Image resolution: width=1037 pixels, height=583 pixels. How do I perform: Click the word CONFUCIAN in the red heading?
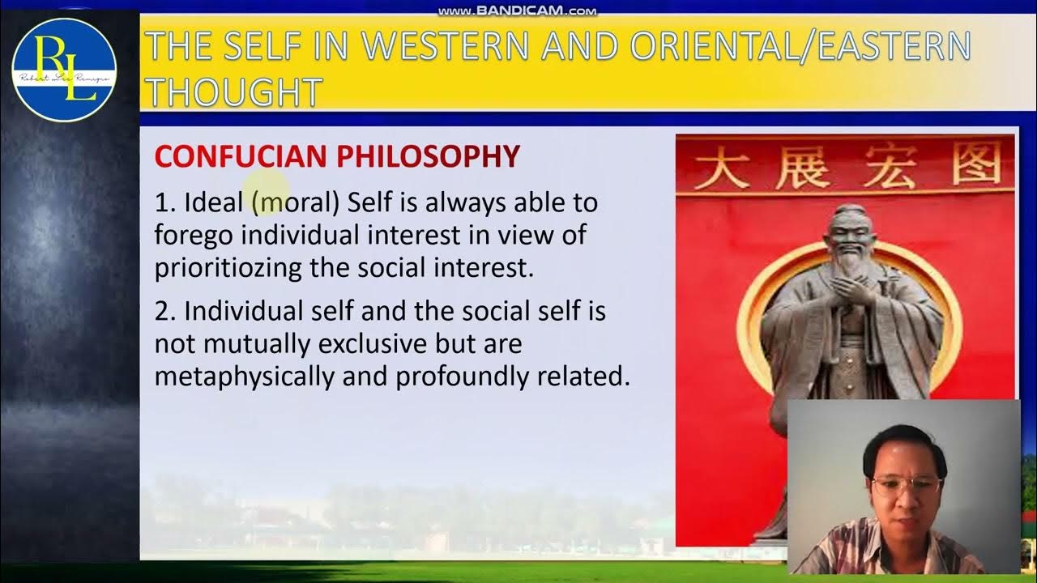(x=242, y=156)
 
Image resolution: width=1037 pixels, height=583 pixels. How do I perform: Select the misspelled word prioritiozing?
(x=228, y=268)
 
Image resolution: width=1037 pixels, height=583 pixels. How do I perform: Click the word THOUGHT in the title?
(x=233, y=92)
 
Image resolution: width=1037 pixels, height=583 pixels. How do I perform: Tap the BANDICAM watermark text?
(x=517, y=11)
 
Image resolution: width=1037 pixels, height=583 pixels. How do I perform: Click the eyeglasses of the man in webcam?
(x=906, y=486)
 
